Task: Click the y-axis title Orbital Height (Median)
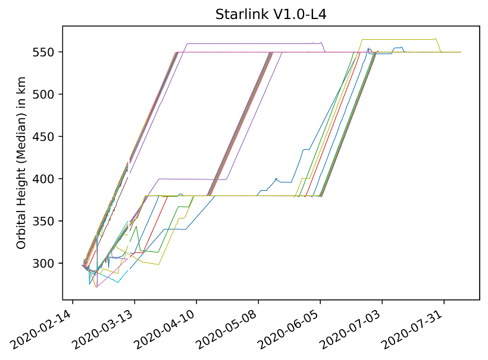click(x=21, y=162)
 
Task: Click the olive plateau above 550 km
click(x=399, y=39)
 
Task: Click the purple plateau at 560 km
click(x=250, y=43)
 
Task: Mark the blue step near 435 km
click(x=306, y=149)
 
